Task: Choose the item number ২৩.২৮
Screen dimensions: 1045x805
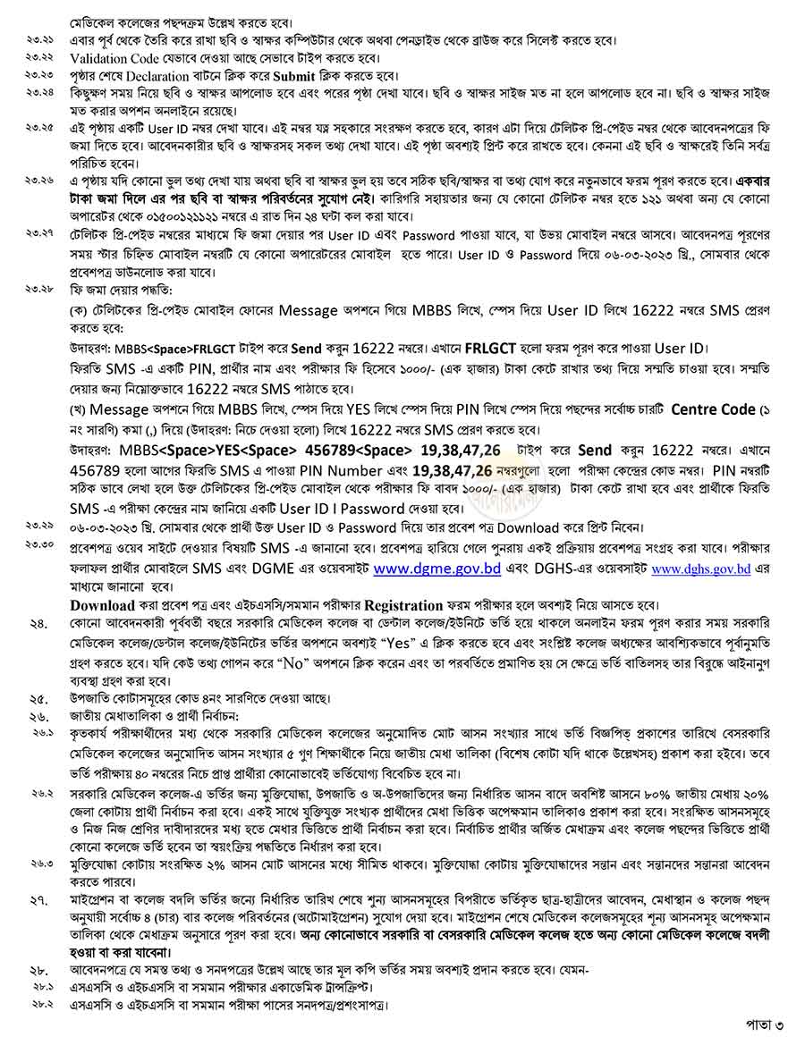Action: (40, 291)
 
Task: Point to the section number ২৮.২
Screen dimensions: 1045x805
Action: (40, 1006)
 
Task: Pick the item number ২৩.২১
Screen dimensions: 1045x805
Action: (40, 40)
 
